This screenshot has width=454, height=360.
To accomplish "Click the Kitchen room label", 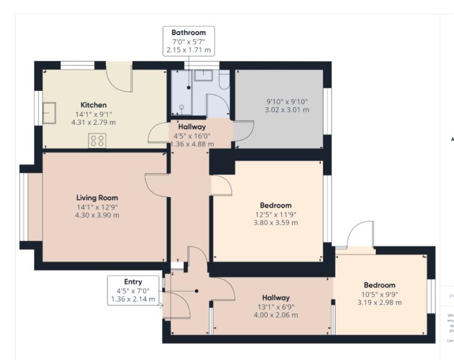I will [x=93, y=105].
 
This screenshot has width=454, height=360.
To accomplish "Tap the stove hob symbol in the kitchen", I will [x=97, y=140].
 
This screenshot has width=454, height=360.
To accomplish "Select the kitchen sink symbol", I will [x=48, y=110].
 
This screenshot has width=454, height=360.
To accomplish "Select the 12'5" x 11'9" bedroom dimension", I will [x=276, y=215].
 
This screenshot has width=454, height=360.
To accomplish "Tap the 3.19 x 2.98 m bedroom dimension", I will [x=379, y=303].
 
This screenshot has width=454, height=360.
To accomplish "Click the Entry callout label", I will [x=133, y=282].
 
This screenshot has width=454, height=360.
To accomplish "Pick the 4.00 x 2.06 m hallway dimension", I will [x=276, y=315].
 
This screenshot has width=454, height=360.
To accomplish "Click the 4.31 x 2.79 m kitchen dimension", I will [x=93, y=122].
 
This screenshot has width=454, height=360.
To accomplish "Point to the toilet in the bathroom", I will [x=224, y=81].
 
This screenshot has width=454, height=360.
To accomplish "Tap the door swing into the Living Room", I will [x=157, y=184].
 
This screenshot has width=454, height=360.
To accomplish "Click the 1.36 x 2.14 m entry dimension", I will [x=133, y=299].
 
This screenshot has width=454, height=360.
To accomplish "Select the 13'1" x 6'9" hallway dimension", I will [x=276, y=307].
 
